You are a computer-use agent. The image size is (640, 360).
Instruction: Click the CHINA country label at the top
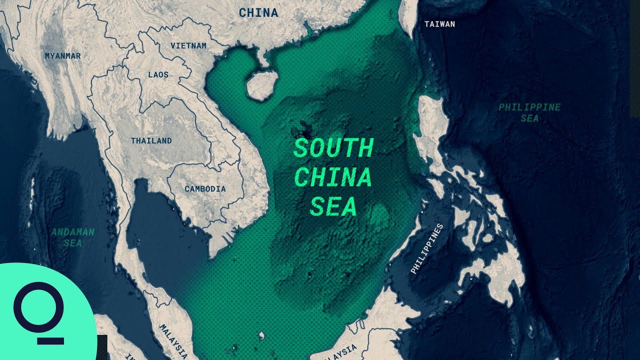click(258, 13)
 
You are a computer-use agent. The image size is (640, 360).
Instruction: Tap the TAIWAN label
click(439, 24)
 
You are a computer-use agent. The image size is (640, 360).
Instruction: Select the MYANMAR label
click(62, 56)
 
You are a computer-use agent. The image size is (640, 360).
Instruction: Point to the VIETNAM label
click(188, 45)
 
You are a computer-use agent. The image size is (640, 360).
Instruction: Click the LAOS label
click(158, 74)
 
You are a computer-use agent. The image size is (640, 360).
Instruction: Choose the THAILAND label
click(151, 140)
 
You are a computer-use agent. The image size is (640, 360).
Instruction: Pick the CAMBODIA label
click(205, 189)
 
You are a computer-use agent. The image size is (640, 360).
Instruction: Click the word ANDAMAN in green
click(72, 232)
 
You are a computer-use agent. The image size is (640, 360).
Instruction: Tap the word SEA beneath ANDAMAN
click(72, 243)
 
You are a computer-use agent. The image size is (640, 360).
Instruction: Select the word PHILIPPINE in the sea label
click(529, 107)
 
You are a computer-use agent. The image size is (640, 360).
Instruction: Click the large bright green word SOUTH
click(333, 148)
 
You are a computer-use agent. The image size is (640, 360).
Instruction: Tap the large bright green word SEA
click(333, 206)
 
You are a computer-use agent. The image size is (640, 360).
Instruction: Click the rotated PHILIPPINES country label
click(426, 248)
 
